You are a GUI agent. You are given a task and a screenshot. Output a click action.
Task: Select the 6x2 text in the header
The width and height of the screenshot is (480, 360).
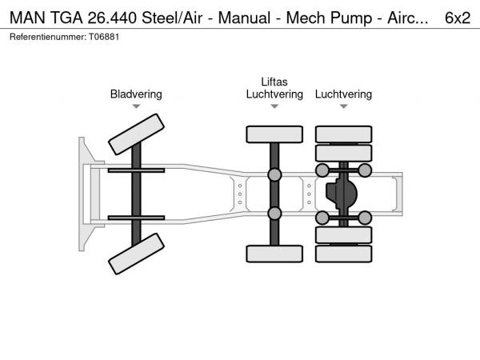point(457,17)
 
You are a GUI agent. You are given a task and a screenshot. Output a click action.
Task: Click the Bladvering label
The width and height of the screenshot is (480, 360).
point(136,94)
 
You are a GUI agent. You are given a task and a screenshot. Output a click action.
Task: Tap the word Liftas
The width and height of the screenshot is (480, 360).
point(274,82)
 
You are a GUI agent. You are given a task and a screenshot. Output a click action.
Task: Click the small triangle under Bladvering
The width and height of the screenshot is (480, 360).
point(136,106)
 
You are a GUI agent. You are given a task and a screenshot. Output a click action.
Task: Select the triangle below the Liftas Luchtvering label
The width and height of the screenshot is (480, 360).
point(274,106)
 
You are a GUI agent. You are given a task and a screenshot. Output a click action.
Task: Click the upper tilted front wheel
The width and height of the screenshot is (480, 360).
point(136,134)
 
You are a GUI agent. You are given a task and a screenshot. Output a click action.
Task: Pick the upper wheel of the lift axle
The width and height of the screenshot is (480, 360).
point(274,134)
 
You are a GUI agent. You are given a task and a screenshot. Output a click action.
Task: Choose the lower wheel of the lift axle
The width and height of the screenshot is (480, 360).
point(274,254)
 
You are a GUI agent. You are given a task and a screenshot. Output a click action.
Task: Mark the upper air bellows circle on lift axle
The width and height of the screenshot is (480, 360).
point(274,174)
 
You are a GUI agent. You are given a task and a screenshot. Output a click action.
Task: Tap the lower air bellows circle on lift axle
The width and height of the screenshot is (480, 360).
point(274,213)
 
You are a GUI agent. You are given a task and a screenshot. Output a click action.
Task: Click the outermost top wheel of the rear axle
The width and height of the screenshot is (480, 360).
point(343,134)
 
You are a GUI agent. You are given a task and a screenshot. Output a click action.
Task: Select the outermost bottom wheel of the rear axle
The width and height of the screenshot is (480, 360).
point(343,254)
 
